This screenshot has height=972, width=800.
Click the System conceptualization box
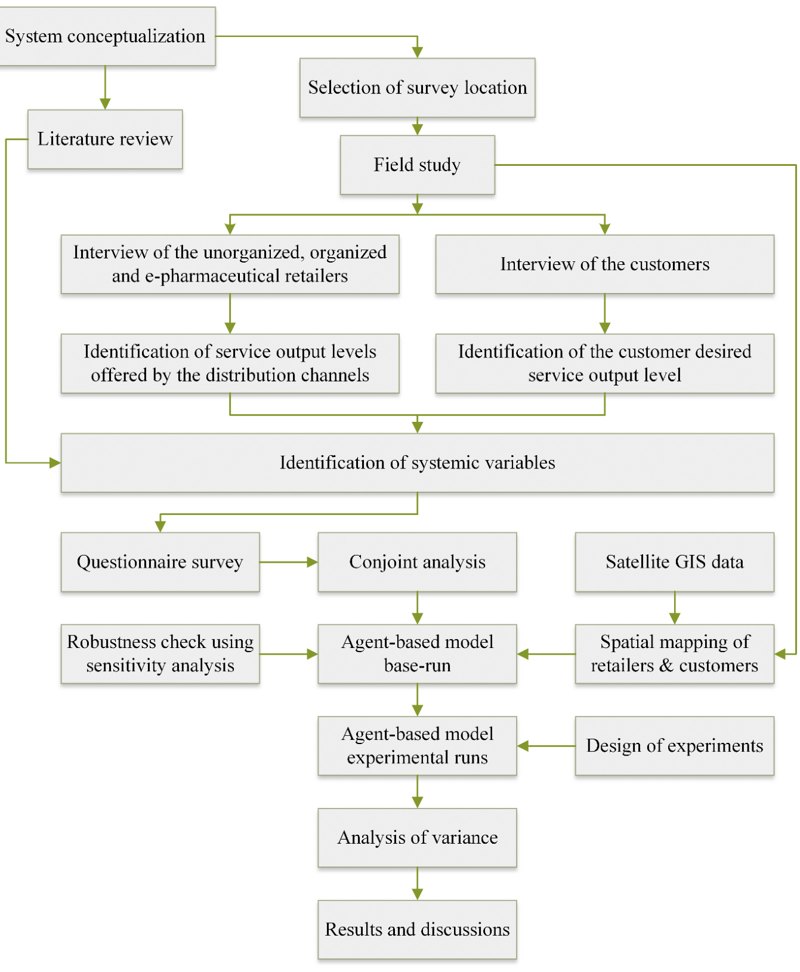pos(106,36)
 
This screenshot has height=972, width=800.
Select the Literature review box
pos(105,139)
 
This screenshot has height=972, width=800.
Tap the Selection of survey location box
pos(417,88)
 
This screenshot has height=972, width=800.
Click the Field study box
pos(417,165)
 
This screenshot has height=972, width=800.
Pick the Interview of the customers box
pos(604,264)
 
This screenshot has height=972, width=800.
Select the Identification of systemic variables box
pos(417,463)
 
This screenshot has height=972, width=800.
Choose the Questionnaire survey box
pos(160,562)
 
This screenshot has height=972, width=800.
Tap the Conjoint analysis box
pos(417,562)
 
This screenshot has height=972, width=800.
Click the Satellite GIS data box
pos(674,562)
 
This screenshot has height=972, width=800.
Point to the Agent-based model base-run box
pos(417,654)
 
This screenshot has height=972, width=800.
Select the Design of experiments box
pos(674,746)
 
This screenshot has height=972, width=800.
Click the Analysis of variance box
pos(417,838)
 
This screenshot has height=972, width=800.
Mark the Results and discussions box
pos(417,930)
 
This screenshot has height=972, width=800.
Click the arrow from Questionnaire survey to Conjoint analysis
pos(289,562)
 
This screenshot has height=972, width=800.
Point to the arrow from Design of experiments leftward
pos(546,746)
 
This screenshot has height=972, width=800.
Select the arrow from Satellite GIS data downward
pos(675,608)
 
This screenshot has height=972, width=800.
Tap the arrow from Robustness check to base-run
pos(289,654)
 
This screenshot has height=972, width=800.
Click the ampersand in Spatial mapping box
pos(666,666)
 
